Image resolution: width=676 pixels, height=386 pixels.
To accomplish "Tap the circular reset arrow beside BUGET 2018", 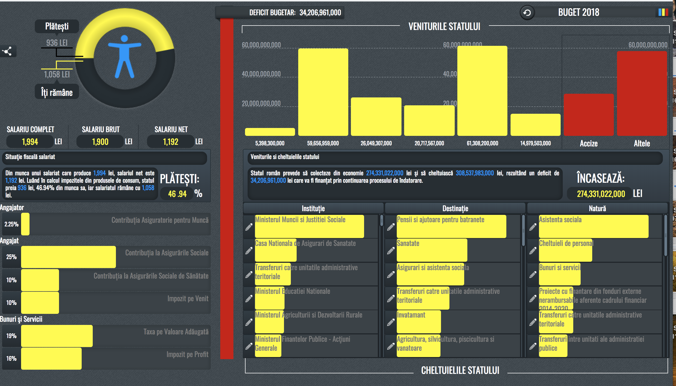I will (x=527, y=12).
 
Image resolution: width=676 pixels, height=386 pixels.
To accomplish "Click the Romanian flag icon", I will (x=663, y=12).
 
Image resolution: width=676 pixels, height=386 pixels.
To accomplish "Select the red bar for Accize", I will (x=589, y=115).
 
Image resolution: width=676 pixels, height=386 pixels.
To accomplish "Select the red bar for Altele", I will (x=641, y=93).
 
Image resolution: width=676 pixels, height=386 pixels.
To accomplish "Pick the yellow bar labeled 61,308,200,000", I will (x=482, y=91).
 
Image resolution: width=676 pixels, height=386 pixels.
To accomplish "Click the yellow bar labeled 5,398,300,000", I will (x=270, y=132).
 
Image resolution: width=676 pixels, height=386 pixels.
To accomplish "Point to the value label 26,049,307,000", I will (x=376, y=143).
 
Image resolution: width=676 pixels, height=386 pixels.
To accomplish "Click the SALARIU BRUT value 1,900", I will (x=100, y=142).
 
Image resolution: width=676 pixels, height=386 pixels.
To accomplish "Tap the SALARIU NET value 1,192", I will (x=170, y=142).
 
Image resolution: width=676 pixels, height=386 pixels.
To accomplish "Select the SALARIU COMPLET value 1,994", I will (x=30, y=142).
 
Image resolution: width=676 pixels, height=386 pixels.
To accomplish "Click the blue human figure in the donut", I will (x=124, y=57).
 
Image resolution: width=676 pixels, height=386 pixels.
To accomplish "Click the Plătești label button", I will (x=57, y=26).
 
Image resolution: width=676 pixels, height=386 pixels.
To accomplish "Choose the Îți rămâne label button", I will (x=57, y=92).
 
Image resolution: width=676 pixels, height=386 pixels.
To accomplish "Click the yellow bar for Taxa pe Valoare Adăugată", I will (x=57, y=336).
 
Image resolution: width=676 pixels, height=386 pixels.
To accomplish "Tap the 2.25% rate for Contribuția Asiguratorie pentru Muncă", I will (x=11, y=224).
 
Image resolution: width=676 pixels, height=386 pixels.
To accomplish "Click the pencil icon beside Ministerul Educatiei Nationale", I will (x=249, y=299).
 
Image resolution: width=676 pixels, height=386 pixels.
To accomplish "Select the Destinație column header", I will (x=455, y=209).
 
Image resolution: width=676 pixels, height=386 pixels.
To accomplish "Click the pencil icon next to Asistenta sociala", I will (x=533, y=227).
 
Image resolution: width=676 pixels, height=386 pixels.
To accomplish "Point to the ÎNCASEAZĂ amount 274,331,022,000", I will (x=601, y=194).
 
